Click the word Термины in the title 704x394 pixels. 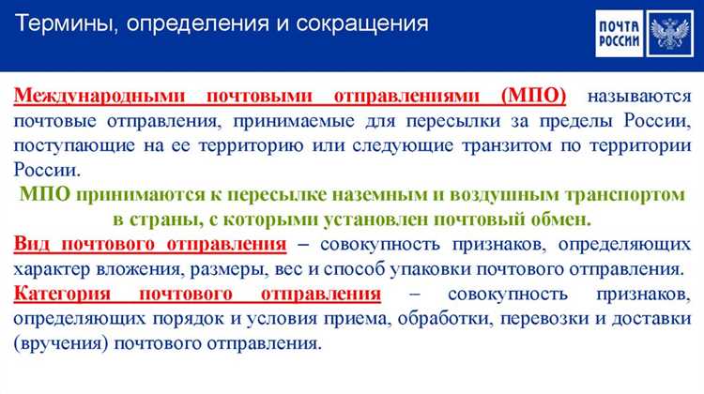[x=59, y=23]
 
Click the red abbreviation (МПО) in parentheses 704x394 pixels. [x=533, y=97]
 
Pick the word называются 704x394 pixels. [x=638, y=97]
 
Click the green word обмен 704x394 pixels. [x=565, y=220]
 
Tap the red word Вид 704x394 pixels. [x=33, y=245]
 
